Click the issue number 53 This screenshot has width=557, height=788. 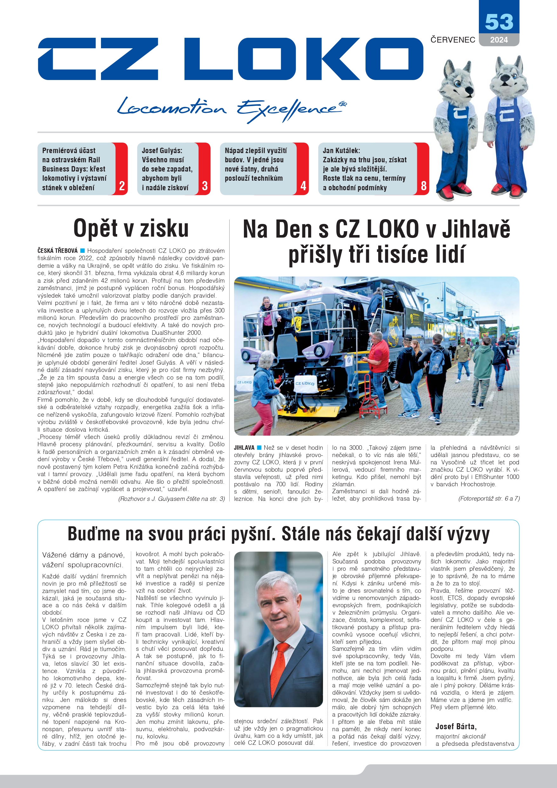click(499, 22)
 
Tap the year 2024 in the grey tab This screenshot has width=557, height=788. click(499, 40)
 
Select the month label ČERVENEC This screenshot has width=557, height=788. click(453, 40)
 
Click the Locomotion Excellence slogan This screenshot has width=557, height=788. click(232, 109)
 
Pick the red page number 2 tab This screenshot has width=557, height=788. click(122, 186)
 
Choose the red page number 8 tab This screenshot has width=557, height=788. click(424, 186)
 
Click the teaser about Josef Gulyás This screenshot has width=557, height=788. click(167, 169)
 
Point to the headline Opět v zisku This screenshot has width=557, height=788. click(131, 228)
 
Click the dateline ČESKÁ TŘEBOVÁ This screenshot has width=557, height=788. click(57, 251)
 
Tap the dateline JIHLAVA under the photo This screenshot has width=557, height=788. click(244, 448)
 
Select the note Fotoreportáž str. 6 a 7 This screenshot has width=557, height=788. click(489, 498)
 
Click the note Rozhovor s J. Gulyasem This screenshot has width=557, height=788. click(171, 499)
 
